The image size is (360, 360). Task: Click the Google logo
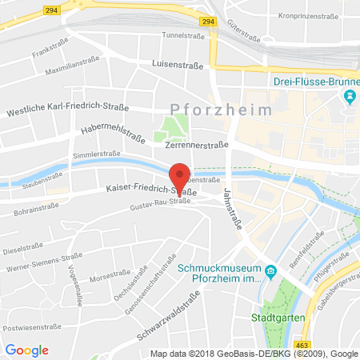click(27, 350)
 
